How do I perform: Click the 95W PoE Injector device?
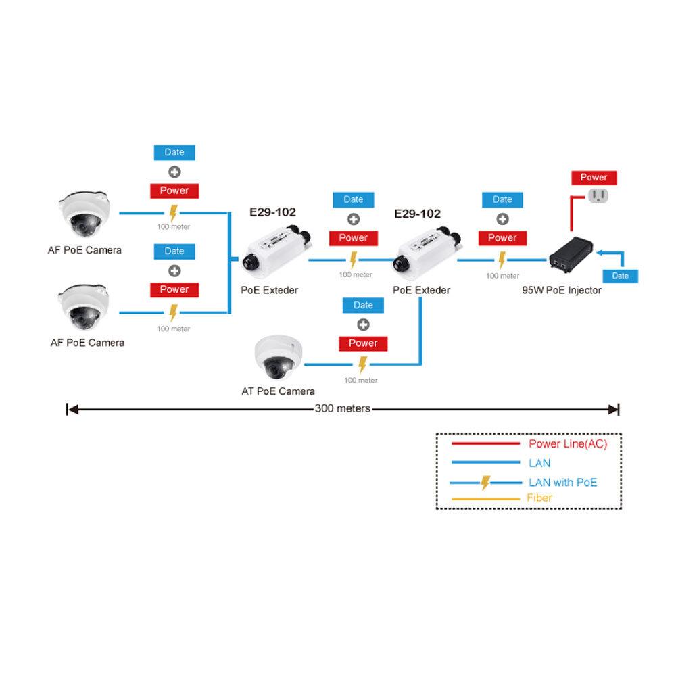(571, 256)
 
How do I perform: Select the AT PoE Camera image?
(279, 357)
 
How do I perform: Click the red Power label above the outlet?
(594, 178)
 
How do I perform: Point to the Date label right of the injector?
(620, 276)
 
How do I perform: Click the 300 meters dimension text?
(342, 408)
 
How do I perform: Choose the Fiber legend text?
(539, 498)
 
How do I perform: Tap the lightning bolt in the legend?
(485, 483)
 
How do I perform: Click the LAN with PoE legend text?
(562, 483)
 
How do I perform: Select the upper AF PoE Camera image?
(84, 213)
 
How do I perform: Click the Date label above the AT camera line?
(363, 305)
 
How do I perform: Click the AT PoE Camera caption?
(278, 391)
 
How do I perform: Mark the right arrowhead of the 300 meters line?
(614, 408)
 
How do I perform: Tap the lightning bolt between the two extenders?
(354, 260)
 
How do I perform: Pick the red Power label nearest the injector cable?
(502, 238)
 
